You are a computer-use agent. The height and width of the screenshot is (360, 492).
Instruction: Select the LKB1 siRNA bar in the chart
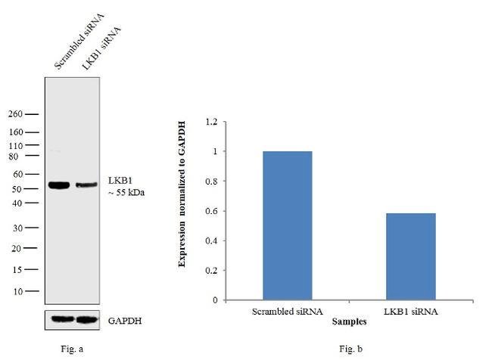tap(409, 256)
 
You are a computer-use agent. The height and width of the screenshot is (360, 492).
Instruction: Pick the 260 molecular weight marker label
tap(16, 114)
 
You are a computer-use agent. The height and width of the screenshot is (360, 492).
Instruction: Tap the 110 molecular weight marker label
tap(16, 144)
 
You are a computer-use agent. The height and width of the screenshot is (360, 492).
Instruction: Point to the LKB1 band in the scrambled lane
tap(59, 185)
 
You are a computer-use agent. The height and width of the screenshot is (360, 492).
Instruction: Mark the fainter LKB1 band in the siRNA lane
tap(86, 185)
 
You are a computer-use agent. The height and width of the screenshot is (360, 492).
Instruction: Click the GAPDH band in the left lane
tap(59, 319)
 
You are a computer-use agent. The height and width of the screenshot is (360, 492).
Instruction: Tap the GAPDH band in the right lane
tap(87, 319)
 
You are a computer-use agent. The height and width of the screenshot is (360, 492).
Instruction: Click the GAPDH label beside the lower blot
tap(125, 320)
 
